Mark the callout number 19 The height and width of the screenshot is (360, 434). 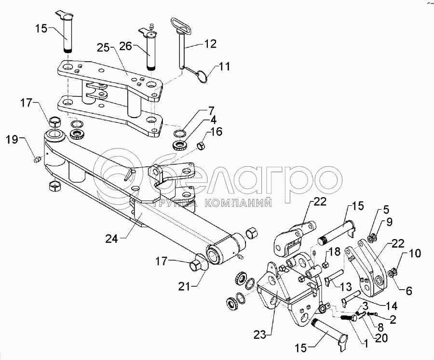pyautogui.click(x=13, y=140)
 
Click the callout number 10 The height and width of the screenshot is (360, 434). pyautogui.click(x=414, y=253)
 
